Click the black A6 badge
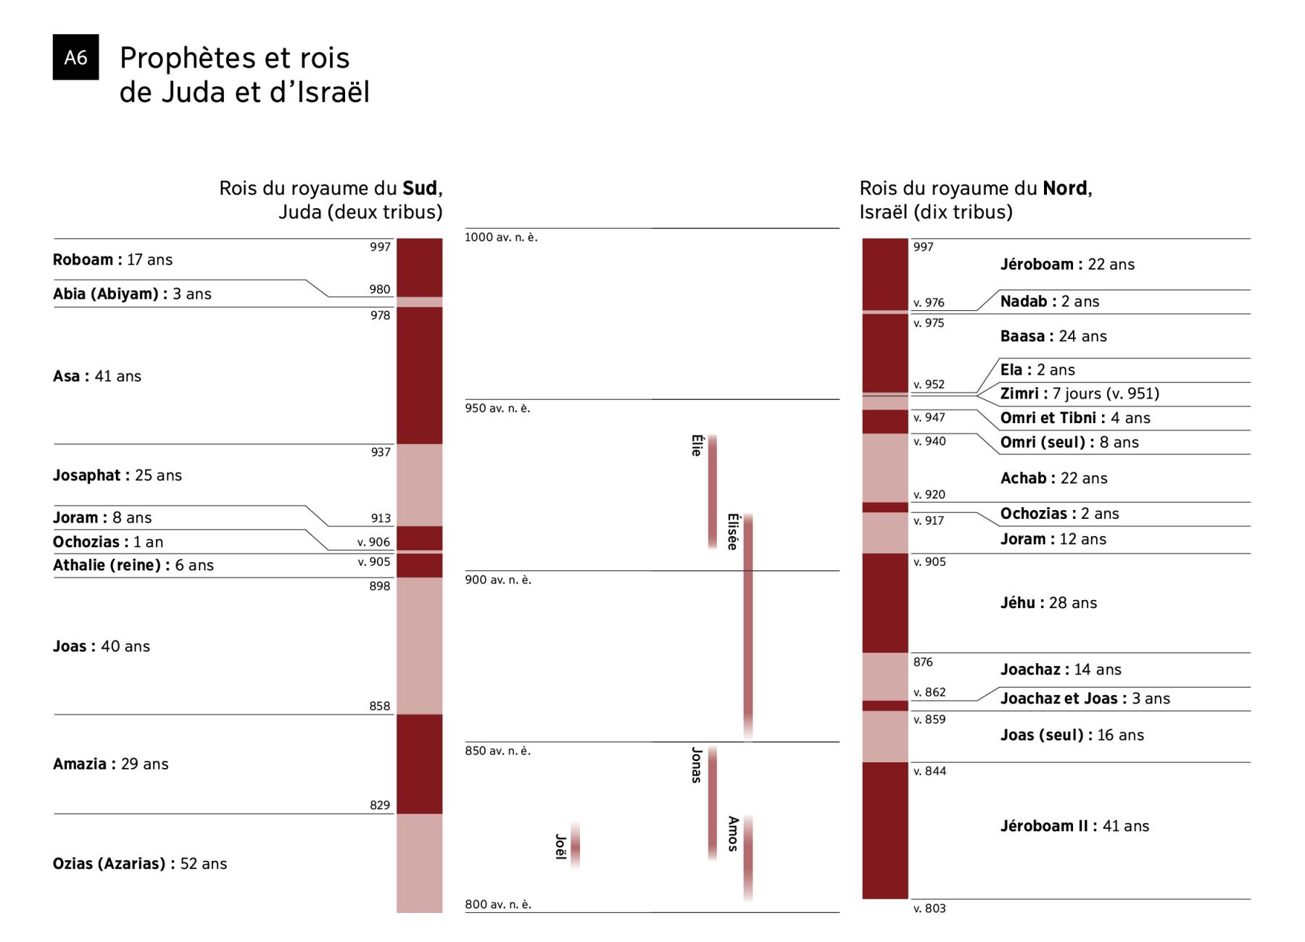[75, 57]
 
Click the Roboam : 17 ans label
[112, 259]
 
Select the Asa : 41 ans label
[97, 376]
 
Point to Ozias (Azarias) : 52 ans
[140, 864]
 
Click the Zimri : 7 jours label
[1080, 393]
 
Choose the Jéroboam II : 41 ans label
[1074, 826]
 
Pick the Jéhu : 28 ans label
[1048, 603]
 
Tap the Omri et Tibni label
[1075, 418]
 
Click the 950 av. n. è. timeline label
[497, 409]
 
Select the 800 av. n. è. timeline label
[498, 904]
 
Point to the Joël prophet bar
[575, 845]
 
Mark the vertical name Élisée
[733, 532]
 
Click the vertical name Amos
[733, 833]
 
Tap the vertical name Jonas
[697, 765]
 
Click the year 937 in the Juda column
[381, 452]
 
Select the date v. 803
[929, 909]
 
